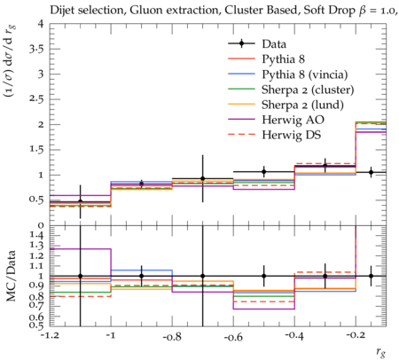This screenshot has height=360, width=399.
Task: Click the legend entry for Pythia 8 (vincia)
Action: click(305, 74)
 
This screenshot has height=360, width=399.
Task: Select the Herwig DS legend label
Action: click(292, 135)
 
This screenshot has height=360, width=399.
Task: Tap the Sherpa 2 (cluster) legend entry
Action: click(308, 90)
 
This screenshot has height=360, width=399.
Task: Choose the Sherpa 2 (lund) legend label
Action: click(302, 105)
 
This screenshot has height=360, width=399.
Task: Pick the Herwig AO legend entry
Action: click(293, 120)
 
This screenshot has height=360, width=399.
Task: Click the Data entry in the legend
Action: click(274, 44)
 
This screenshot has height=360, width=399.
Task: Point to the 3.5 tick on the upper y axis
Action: click(36, 49)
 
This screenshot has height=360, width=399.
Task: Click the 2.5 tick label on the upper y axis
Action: click(36, 99)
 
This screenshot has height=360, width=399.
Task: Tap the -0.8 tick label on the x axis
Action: click(172, 336)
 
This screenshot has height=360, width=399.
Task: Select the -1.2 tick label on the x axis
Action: click(51, 336)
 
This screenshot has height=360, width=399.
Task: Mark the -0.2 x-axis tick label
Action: click(356, 336)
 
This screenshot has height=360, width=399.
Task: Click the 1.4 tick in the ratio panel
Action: click(36, 236)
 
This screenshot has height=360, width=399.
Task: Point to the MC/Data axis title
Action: click(12, 276)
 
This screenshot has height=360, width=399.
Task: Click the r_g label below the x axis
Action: click(380, 352)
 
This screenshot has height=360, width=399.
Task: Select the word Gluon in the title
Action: click(145, 11)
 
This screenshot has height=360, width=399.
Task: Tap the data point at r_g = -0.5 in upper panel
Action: click(264, 171)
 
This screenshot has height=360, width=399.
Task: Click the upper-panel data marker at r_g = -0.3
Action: click(325, 166)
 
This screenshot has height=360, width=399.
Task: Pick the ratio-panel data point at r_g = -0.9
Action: click(141, 276)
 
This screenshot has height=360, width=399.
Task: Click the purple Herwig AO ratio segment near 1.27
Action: click(80, 249)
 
